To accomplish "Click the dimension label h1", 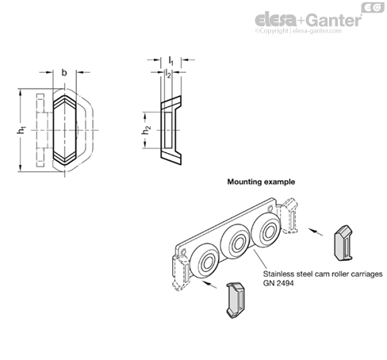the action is tap(21, 130).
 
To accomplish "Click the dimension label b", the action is tap(64, 72).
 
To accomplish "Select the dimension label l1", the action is tap(171, 61).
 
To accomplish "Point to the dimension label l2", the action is tap(168, 74).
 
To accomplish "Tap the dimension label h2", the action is tap(146, 130).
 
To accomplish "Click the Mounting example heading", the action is tap(261, 182).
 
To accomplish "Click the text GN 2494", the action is tap(278, 283).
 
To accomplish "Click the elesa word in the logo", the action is tap(276, 20).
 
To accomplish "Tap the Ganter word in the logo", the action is tap(334, 20).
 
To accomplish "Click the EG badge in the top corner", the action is tap(373, 8).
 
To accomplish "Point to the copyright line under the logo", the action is tap(298, 31).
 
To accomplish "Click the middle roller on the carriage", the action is tap(236, 243).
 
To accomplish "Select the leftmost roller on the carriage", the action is tap(205, 263).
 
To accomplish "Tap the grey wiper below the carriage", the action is tap(236, 300).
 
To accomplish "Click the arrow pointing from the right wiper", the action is tap(316, 232).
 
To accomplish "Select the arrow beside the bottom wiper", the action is tap(209, 285).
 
